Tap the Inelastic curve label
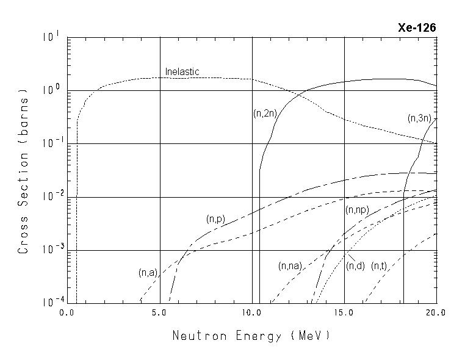[x=182, y=72]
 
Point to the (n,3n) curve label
[x=420, y=118]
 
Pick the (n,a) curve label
[x=149, y=273]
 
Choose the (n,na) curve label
[x=290, y=266]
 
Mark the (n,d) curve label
[x=355, y=266]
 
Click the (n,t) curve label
[x=380, y=266]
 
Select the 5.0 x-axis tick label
[x=159, y=312]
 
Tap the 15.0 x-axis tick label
[x=344, y=312]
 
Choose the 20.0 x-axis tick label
[x=436, y=312]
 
